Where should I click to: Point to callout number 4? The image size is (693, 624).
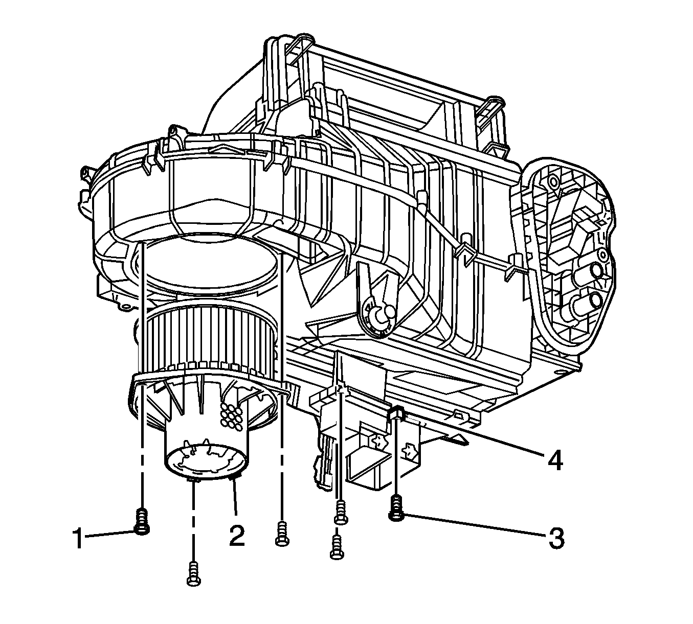555,459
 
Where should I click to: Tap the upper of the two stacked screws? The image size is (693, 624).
340,512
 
